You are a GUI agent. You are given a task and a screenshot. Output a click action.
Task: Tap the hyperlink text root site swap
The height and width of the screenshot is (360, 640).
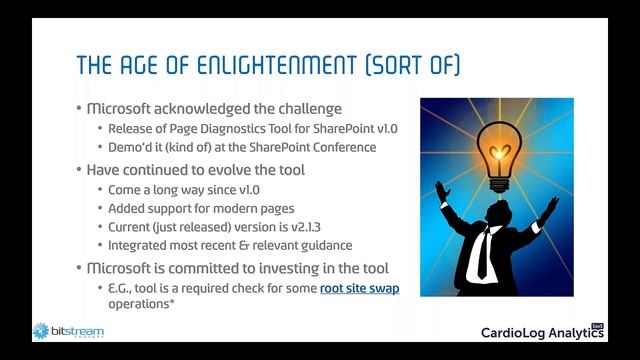[359, 289]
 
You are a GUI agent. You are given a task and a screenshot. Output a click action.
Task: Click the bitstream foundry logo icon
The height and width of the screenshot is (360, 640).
[41, 330]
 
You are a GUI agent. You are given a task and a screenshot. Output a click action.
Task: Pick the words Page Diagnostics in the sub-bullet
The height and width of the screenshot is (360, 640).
[201, 128]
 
